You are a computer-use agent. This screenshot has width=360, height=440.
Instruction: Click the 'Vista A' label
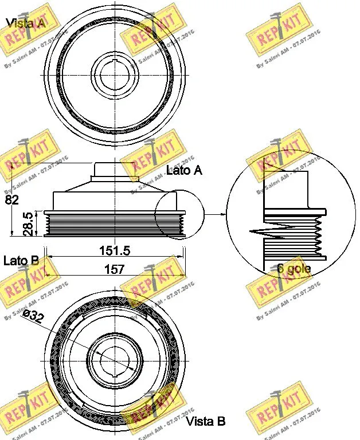click(25, 23)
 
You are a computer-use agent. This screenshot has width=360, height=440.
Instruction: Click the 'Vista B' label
click(206, 422)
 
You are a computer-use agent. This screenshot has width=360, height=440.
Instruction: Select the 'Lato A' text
click(183, 170)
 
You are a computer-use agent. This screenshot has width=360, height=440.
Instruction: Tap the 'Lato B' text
click(21, 261)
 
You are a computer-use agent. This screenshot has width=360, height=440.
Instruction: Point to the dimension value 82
click(11, 200)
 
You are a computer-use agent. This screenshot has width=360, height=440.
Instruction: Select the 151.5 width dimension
click(114, 250)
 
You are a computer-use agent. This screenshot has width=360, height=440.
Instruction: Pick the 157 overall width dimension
click(114, 269)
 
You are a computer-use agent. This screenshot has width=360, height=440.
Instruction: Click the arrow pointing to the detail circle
click(215, 215)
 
